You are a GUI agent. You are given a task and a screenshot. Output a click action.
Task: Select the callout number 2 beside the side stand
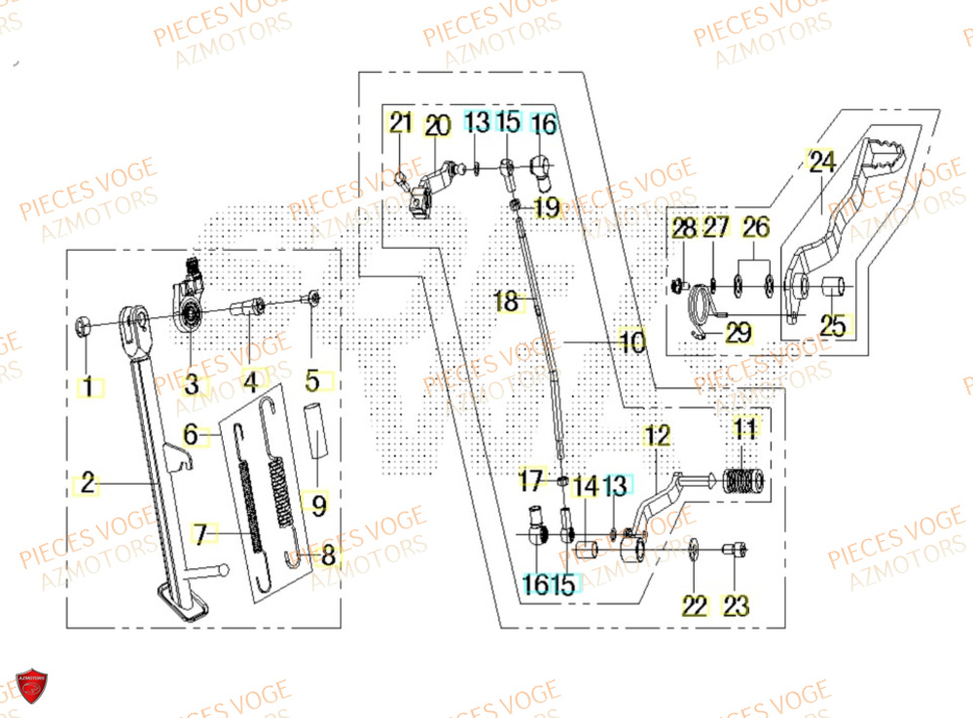point(88,484)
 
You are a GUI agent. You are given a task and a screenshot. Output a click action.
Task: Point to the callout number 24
point(822,162)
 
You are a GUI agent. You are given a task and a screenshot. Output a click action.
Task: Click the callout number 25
point(833,326)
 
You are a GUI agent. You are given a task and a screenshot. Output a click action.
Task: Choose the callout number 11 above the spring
point(745,428)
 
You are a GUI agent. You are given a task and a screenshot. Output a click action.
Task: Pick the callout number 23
point(737,606)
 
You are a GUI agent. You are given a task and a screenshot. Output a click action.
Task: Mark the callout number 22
point(694,606)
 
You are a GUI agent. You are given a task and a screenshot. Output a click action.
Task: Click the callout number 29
point(739,334)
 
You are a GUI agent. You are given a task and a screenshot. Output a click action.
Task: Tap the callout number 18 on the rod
point(507,302)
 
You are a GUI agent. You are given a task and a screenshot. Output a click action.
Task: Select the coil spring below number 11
point(745,480)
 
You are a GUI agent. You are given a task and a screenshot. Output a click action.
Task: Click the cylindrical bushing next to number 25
point(833,289)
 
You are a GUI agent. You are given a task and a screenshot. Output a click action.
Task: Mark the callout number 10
point(631,342)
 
